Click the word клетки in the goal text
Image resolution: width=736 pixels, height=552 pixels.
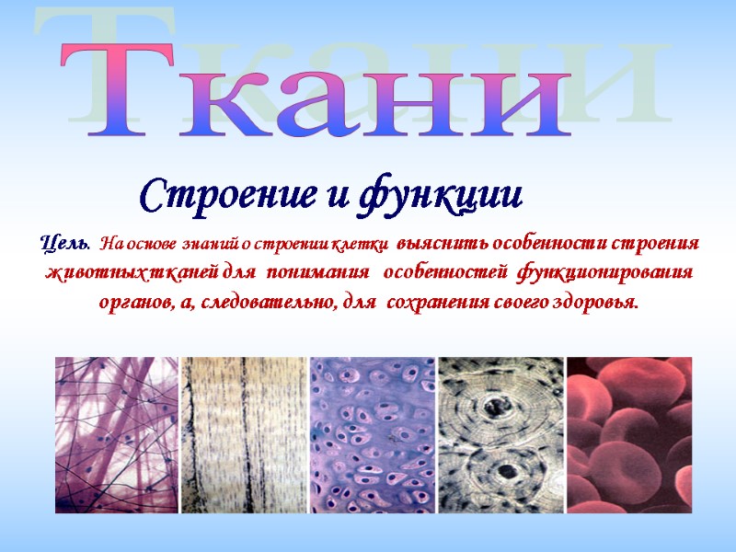coord(366,245)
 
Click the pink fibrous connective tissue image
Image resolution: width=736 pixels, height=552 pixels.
coord(118,422)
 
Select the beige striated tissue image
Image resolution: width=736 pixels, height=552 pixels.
coord(245,422)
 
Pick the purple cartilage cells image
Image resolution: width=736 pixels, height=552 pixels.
coord(372,422)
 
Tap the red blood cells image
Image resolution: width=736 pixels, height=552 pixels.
coord(627,422)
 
